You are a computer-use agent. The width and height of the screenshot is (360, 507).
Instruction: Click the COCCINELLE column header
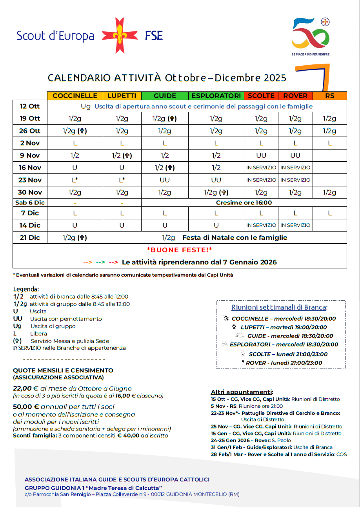[x=75, y=96]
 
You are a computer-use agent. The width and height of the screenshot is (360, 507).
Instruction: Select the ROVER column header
[x=295, y=96]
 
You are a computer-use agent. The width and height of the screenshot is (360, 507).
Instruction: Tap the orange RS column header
[x=330, y=96]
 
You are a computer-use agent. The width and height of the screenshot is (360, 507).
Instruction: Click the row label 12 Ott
[x=30, y=106]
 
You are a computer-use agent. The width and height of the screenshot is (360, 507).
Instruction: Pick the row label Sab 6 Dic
[x=30, y=203]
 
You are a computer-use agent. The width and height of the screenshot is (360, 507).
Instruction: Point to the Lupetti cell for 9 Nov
[x=122, y=155]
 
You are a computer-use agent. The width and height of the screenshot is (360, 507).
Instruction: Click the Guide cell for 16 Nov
[x=165, y=168]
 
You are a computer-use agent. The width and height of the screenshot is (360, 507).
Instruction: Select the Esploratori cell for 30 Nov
[x=216, y=192]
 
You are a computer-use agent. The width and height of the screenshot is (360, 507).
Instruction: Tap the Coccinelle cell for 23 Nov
[x=75, y=180]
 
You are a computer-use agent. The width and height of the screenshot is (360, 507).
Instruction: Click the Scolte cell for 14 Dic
[x=261, y=225]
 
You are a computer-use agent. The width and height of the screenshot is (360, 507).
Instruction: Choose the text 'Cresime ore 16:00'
[x=244, y=203]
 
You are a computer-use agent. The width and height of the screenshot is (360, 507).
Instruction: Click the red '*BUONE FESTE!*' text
[x=179, y=250]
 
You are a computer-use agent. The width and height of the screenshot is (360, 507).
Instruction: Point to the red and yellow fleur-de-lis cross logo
[x=120, y=35]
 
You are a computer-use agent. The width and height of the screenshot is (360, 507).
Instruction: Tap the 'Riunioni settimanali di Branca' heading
[x=279, y=307]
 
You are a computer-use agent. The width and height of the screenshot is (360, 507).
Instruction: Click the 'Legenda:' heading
[x=26, y=290]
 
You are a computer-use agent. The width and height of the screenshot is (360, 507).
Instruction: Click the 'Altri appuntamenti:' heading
[x=242, y=392]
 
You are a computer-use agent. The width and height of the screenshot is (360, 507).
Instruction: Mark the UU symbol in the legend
[x=18, y=319]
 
